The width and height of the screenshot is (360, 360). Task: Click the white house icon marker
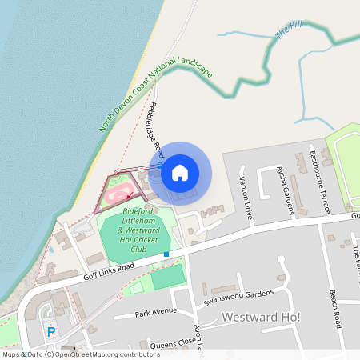[180, 172]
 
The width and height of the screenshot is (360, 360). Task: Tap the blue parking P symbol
[52, 331]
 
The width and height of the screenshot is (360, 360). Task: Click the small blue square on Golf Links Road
[166, 254]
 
